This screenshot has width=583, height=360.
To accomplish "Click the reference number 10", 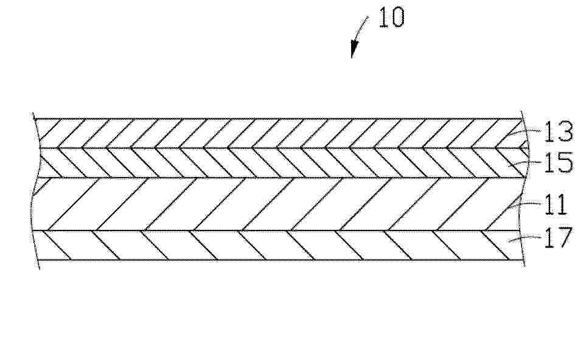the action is click(391, 18).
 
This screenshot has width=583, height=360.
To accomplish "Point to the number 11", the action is click(555, 204).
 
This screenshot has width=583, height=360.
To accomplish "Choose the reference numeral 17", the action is click(557, 238).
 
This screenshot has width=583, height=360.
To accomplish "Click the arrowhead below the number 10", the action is click(354, 49).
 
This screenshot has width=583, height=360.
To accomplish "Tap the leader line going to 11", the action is click(526, 204).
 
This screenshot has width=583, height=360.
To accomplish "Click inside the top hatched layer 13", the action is click(279, 133).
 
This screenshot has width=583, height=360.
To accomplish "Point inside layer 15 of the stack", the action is click(279, 163).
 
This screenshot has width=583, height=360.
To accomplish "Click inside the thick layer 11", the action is click(279, 204).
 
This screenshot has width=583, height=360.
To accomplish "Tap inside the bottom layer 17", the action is click(279, 245).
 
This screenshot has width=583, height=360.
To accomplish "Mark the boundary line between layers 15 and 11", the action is click(279, 178).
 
